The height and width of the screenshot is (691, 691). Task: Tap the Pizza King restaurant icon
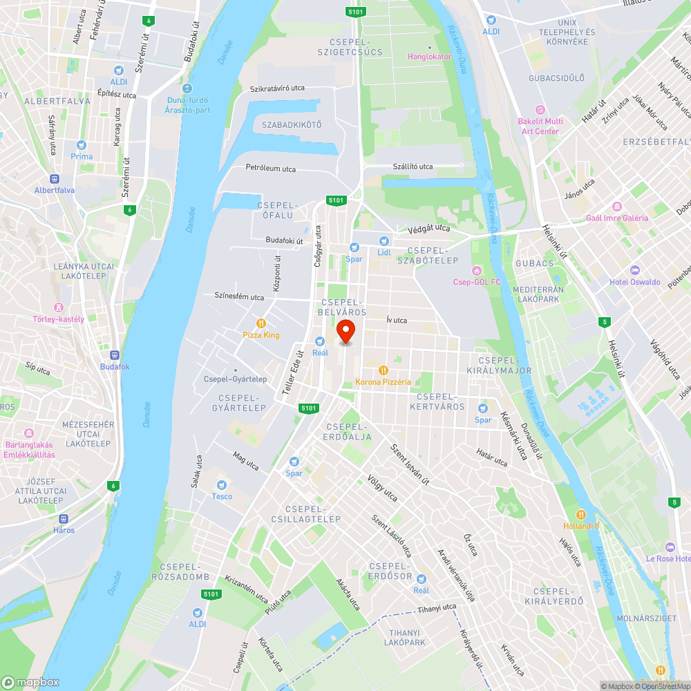click(261, 323)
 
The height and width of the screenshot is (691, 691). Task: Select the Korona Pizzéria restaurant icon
click(383, 370)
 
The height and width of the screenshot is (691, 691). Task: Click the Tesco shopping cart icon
click(222, 485)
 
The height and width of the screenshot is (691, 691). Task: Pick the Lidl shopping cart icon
click(384, 240)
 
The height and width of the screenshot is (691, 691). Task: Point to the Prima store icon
click(82, 145)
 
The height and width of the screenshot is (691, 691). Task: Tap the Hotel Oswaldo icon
click(635, 270)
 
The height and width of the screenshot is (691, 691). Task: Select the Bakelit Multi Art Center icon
click(540, 110)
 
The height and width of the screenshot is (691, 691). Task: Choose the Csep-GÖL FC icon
click(476, 270)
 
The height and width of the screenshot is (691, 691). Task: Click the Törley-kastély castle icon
click(59, 307)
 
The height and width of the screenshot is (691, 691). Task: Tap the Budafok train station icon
click(115, 355)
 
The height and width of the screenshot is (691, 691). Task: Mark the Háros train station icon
click(64, 518)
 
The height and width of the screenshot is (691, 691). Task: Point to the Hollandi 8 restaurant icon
click(581, 514)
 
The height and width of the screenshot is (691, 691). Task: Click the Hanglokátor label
click(429, 57)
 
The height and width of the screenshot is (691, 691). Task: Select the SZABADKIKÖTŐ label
click(292, 125)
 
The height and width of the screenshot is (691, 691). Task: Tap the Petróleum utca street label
click(271, 168)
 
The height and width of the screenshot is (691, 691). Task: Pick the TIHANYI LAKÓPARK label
click(404, 637)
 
